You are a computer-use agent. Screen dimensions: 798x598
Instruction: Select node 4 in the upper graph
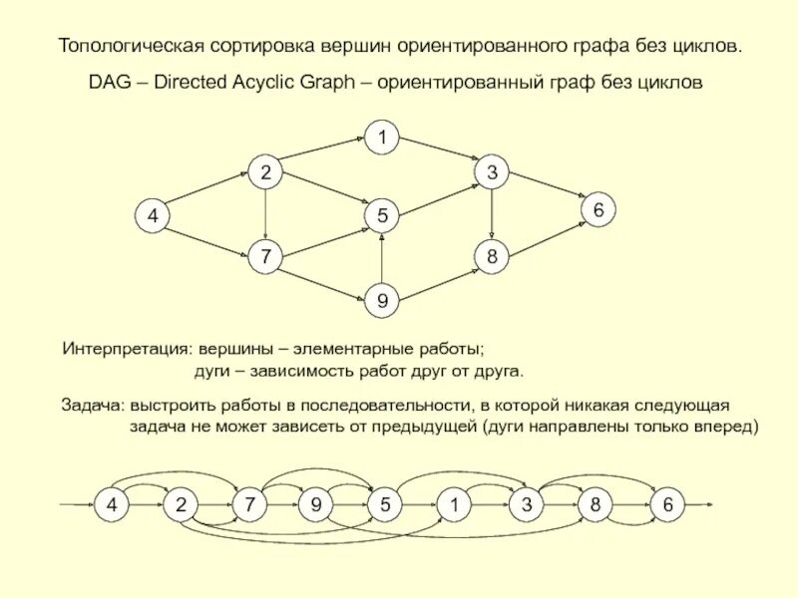pyautogui.click(x=153, y=215)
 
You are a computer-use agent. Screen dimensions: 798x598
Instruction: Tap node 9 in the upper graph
pyautogui.click(x=381, y=300)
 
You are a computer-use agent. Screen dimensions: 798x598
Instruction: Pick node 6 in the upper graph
pyautogui.click(x=598, y=211)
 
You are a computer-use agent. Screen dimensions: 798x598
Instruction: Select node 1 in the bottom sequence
pyautogui.click(x=453, y=505)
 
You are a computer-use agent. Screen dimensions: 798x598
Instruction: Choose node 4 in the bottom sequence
pyautogui.click(x=112, y=505)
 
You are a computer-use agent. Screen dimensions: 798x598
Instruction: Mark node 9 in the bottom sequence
pyautogui.click(x=315, y=505)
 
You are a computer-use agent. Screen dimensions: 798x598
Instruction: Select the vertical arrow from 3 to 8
pyautogui.click(x=492, y=215)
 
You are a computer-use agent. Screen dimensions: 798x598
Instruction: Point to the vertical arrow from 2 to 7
pyautogui.click(x=265, y=215)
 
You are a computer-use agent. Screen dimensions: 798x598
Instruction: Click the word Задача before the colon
pyautogui.click(x=91, y=407)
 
